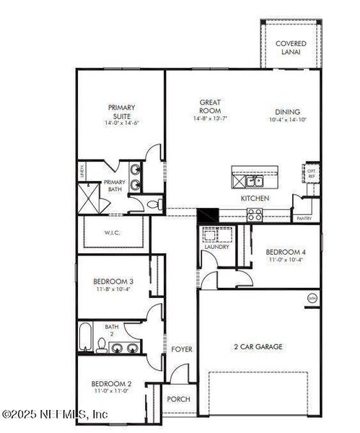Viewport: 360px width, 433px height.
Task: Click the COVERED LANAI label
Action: tap(291, 48)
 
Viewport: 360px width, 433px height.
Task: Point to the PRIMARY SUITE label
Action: tap(121, 112)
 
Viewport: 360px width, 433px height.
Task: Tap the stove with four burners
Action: tap(255, 213)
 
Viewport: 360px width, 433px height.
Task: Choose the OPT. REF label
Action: tap(312, 174)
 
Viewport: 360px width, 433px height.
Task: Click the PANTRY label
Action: tap(304, 218)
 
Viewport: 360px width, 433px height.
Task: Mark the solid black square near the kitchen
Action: tap(208, 215)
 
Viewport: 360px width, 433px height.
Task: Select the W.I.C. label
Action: tap(115, 232)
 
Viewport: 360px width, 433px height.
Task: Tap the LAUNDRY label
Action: tap(216, 247)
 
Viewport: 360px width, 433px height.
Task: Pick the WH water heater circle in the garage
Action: tap(312, 297)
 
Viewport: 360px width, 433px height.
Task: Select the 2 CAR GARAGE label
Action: tap(258, 346)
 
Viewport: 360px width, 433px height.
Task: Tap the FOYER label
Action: tap(182, 349)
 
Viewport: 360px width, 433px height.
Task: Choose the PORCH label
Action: tap(177, 398)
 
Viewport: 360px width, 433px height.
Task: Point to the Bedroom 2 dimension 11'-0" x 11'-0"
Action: tap(111, 390)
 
